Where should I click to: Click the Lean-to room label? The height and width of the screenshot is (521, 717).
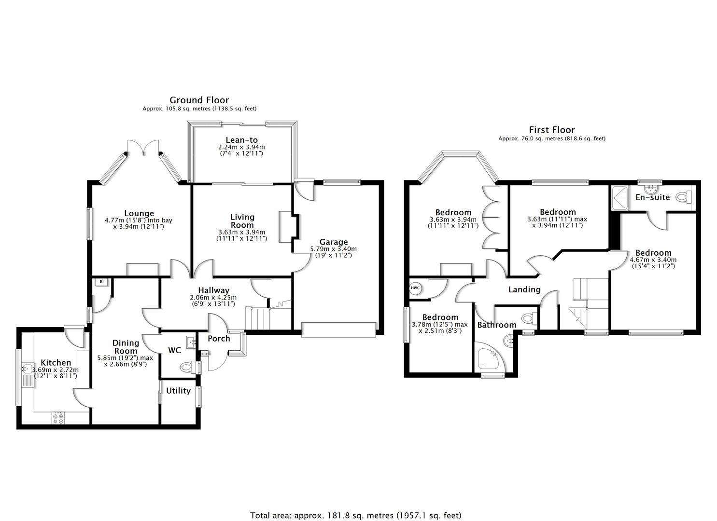coord(241,140)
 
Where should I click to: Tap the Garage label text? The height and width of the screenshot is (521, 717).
coord(333,242)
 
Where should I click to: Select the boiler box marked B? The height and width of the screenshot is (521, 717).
coord(101,282)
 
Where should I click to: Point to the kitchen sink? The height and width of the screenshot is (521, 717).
coord(27,369)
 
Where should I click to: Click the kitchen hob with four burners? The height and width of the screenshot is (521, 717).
coord(58,418)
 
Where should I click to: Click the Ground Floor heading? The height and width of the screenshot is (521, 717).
coord(199,100)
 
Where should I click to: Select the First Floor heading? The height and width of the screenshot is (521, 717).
coord(551,130)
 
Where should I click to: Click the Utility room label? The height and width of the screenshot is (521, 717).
coord(178,391)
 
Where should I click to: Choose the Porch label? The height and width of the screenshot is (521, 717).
coord(219,339)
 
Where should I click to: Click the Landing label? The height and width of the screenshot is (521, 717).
coord(524,289)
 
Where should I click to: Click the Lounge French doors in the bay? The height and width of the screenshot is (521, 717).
coord(143,147)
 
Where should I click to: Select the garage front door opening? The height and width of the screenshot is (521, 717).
coord(338,329)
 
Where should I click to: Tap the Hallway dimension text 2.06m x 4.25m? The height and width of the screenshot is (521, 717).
coord(213,298)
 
